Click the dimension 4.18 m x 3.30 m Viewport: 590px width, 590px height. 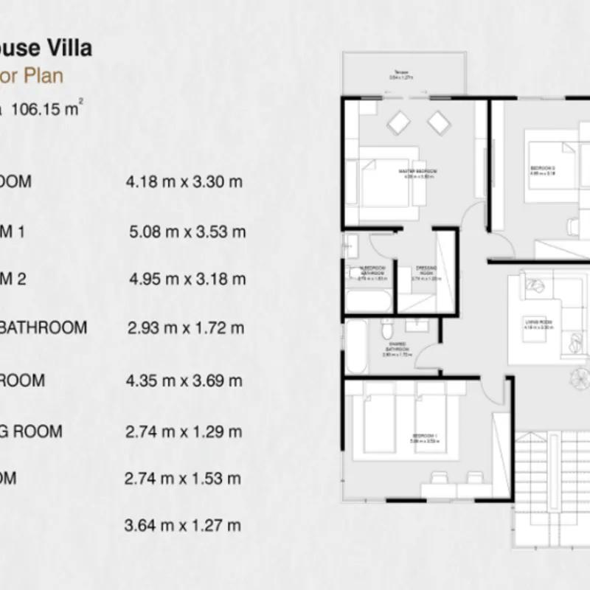click(x=184, y=181)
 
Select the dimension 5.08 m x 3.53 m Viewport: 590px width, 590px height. click(x=187, y=232)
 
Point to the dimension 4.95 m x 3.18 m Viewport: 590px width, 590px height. click(x=187, y=280)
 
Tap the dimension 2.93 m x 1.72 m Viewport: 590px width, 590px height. click(x=185, y=328)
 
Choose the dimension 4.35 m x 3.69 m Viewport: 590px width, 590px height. click(x=184, y=381)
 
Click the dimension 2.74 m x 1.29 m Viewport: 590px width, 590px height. click(x=184, y=431)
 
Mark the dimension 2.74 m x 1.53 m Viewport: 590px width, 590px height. click(x=184, y=479)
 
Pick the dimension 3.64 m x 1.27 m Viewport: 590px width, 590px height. click(x=184, y=526)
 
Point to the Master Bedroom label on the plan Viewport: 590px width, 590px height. click(x=418, y=172)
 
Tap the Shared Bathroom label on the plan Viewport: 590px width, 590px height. click(x=396, y=351)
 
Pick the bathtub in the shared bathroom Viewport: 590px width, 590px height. click(x=355, y=347)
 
